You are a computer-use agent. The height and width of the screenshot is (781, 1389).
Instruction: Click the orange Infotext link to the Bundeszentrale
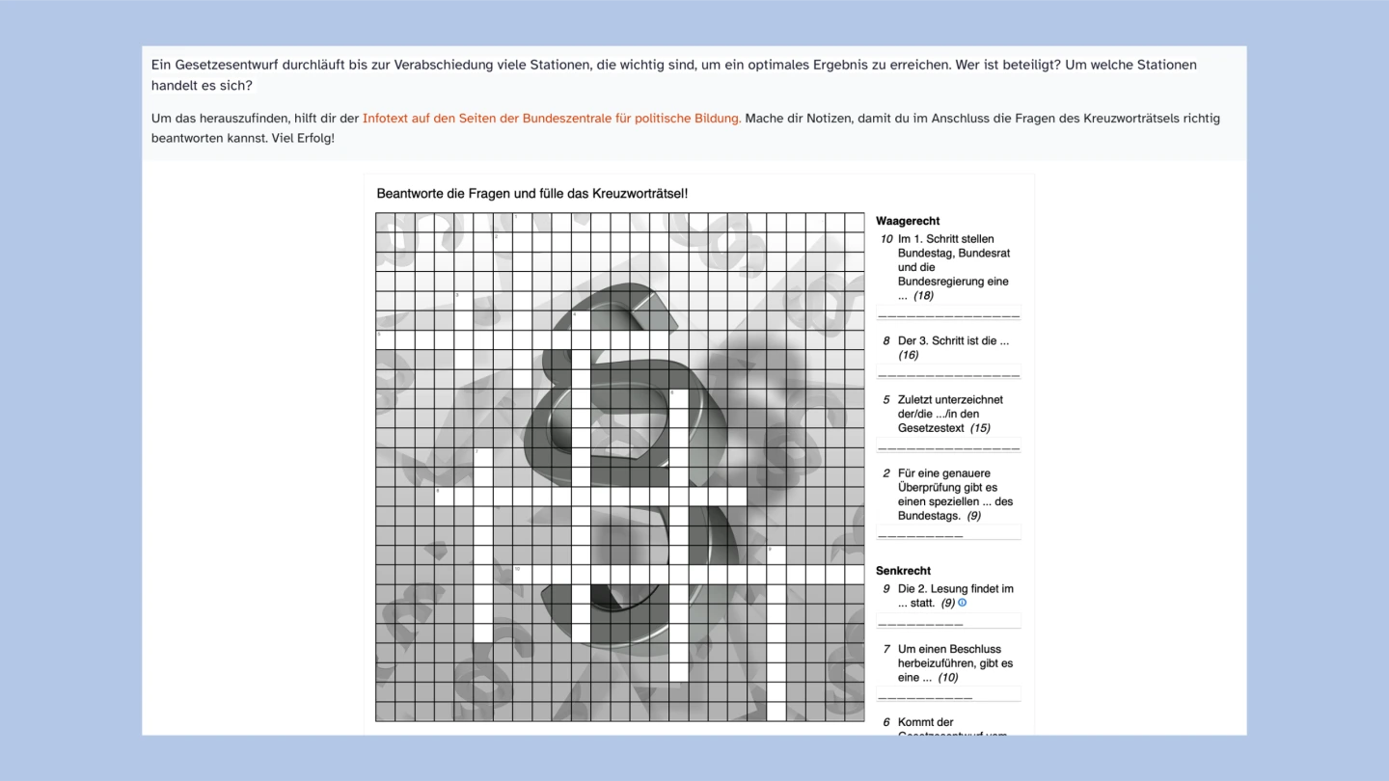tap(552, 119)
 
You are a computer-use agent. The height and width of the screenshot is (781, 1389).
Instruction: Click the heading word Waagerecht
tap(908, 221)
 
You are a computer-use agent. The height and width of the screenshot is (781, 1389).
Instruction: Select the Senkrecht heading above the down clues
tap(903, 571)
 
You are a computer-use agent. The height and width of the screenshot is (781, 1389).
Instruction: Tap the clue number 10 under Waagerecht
tap(885, 239)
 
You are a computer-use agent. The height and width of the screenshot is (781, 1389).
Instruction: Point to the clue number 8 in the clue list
tap(886, 341)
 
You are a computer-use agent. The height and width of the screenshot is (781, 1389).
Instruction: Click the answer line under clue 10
tap(948, 314)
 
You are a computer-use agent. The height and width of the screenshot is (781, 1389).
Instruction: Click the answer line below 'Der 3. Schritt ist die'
tap(948, 374)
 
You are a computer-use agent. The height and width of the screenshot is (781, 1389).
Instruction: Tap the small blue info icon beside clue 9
tap(962, 603)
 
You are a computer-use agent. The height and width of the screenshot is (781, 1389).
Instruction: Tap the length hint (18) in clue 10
tap(923, 296)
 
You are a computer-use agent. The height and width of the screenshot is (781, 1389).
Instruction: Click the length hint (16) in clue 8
tap(908, 356)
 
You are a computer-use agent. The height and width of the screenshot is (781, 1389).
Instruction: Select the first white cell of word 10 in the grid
tap(522, 575)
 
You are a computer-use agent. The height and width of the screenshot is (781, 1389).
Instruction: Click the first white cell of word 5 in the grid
tap(385, 339)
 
